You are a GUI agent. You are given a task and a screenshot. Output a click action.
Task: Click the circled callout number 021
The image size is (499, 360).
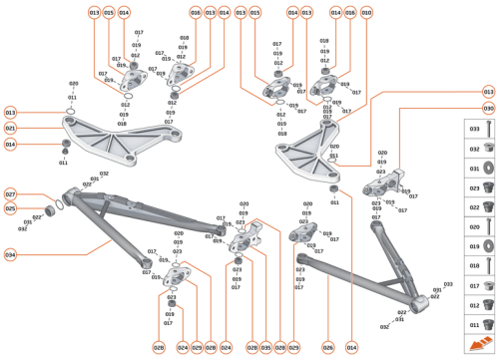coord(11,129)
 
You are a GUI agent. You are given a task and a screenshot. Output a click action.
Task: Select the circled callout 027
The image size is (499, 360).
coord(11,194)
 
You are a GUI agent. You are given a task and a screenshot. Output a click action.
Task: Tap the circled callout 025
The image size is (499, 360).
coord(11,209)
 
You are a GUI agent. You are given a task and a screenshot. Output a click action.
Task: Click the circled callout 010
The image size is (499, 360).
coord(366,12)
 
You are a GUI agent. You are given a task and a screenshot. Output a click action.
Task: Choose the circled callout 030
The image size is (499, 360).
coord(488,107)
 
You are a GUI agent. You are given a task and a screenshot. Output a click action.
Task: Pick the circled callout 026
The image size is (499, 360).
coord(327,348)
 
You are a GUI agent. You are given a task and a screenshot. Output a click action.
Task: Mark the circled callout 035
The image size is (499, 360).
coord(266,348)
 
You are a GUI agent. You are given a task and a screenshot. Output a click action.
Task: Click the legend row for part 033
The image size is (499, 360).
coord(482,130)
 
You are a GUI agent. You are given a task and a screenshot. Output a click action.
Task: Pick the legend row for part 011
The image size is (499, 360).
coord(482,323)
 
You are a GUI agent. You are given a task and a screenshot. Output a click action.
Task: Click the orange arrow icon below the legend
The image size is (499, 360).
coord(482,344)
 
